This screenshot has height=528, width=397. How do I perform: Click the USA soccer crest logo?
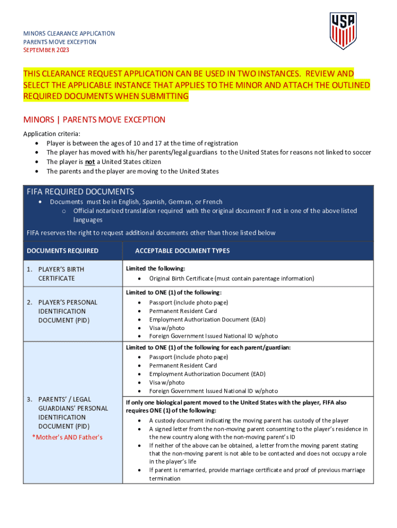343,30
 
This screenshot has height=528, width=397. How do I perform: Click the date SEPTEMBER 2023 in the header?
46,50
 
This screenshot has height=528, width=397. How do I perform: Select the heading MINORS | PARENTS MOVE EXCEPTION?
94,120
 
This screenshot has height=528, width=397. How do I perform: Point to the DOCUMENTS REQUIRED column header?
62,251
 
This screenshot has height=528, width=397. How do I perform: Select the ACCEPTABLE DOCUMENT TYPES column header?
182,251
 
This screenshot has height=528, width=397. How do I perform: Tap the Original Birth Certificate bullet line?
231,278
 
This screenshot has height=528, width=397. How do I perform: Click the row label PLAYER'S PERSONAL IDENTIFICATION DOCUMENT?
68,311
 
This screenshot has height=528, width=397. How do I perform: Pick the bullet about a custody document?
249,420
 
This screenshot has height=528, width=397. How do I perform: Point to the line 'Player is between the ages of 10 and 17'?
142,143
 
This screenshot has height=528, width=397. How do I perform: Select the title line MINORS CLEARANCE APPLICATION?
69,34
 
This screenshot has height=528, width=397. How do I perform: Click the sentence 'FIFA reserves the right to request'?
151,233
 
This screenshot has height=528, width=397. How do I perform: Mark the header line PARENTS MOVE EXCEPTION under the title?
60,42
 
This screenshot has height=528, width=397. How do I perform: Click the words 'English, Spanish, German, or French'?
172,202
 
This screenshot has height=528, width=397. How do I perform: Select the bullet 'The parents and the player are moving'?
133,171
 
